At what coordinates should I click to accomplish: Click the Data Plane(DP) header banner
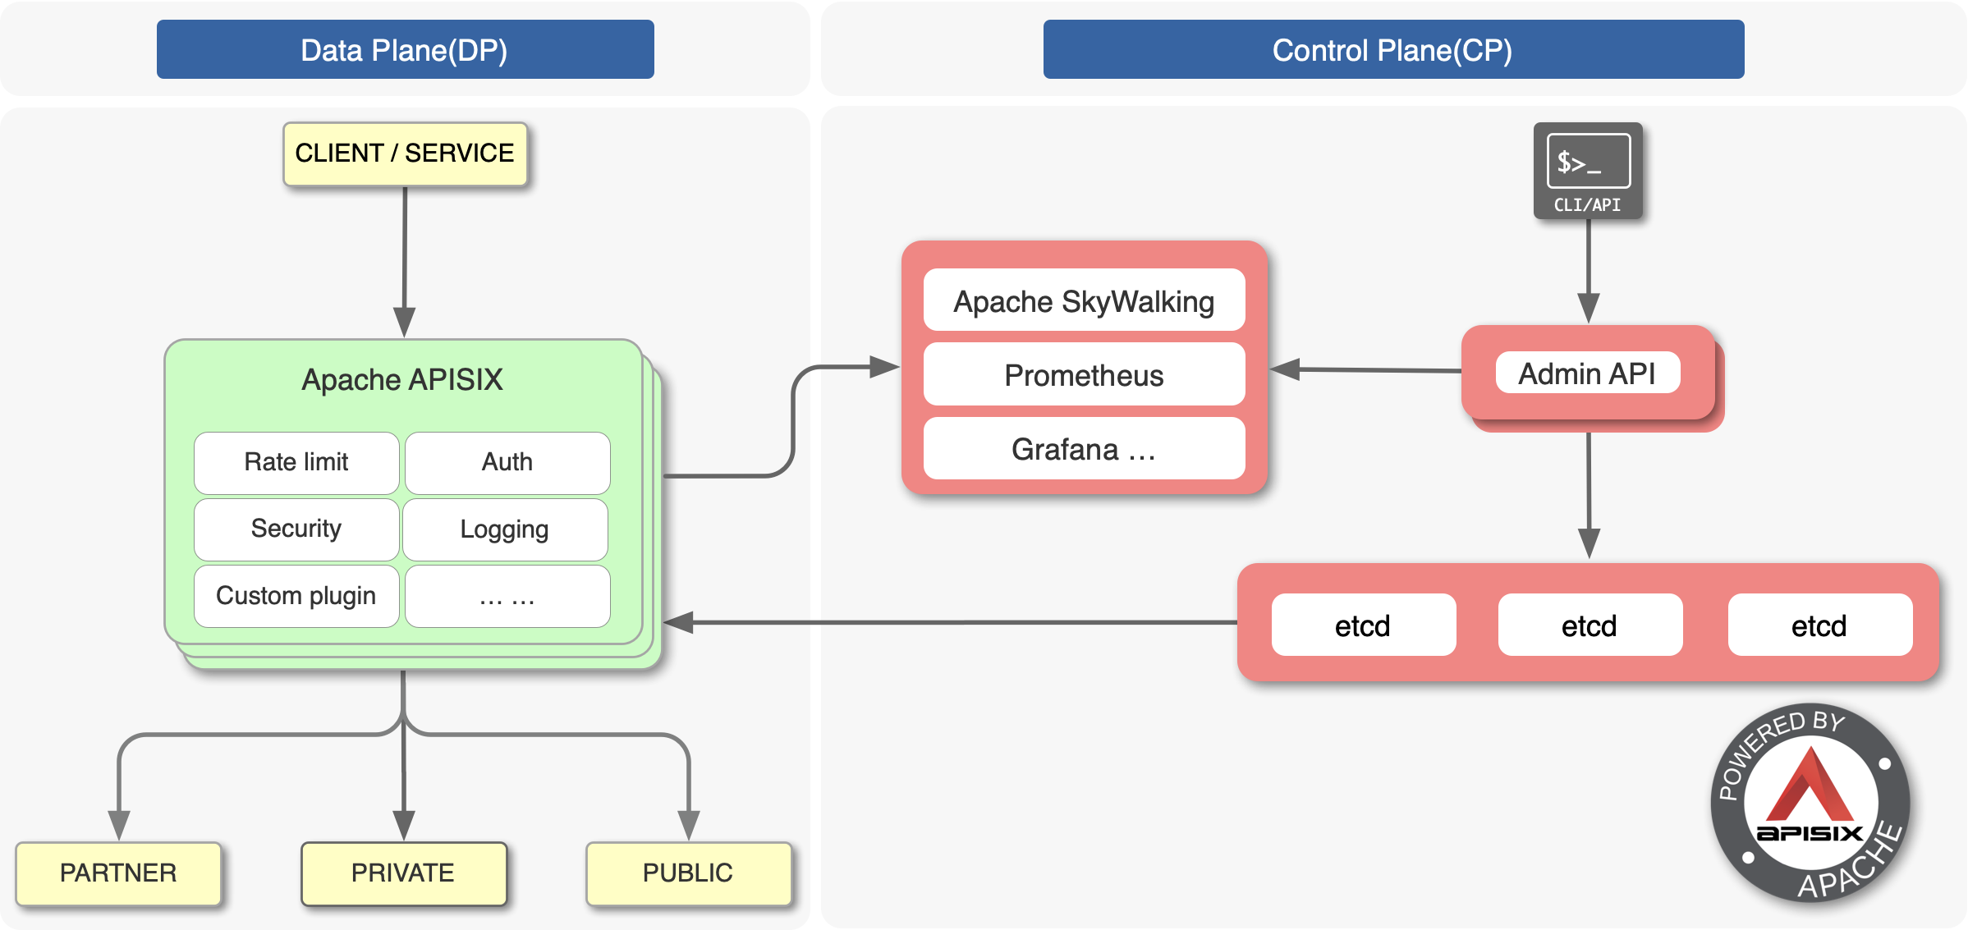click(x=405, y=50)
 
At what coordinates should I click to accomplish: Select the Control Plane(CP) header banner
click(x=1392, y=50)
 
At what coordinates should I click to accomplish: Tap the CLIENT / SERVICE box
click(x=405, y=153)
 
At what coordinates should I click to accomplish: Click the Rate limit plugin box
click(x=296, y=462)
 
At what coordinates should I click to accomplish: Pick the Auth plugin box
click(x=507, y=462)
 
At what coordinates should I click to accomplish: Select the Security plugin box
click(x=296, y=529)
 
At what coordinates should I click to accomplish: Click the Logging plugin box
click(x=505, y=529)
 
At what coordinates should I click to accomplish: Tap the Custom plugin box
click(x=296, y=596)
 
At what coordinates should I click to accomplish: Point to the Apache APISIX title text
click(x=402, y=380)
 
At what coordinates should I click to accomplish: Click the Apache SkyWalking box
click(x=1084, y=301)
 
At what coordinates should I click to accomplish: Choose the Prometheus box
click(x=1084, y=375)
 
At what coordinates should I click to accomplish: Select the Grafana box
click(x=1084, y=449)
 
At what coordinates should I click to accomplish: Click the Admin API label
click(x=1587, y=373)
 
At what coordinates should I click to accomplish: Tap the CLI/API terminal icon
click(x=1588, y=170)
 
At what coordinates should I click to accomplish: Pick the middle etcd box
click(x=1590, y=625)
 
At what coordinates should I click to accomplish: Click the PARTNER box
click(x=118, y=873)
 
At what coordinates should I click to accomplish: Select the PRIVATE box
click(x=403, y=873)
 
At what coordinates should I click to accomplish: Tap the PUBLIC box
click(x=688, y=873)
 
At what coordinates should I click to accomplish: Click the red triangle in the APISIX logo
click(x=1810, y=788)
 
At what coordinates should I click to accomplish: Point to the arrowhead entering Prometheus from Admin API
click(x=1286, y=369)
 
